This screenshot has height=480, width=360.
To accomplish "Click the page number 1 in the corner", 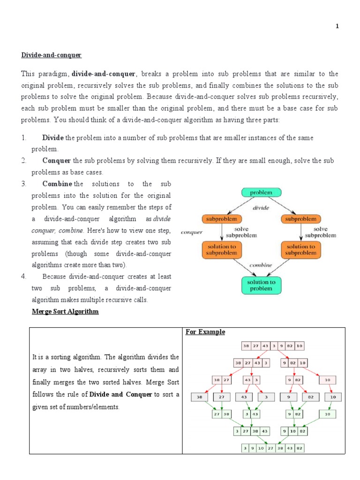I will click(337, 27).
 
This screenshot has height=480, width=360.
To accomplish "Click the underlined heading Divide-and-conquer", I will click(51, 55).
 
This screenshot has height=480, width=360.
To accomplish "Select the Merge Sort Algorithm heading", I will click(65, 311).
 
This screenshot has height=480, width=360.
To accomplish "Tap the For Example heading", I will click(205, 332).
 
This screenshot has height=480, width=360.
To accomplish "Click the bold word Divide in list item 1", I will click(53, 138).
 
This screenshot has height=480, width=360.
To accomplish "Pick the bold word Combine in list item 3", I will click(57, 184).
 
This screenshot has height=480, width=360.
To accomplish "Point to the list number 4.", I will click(23, 276).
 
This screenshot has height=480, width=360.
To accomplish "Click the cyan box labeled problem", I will click(261, 193).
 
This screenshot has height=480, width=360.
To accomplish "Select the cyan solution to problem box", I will click(261, 285).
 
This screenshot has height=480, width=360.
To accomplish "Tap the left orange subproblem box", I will click(222, 219).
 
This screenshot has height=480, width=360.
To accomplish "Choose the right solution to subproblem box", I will click(300, 249).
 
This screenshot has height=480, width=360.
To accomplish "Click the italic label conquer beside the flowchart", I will click(191, 232).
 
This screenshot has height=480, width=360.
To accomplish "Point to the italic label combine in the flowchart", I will click(261, 265).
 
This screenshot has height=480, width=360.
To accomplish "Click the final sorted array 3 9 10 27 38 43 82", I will click(273, 449).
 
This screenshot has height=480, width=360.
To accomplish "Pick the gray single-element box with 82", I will click(310, 397).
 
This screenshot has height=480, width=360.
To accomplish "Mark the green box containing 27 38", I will click(222, 414).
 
